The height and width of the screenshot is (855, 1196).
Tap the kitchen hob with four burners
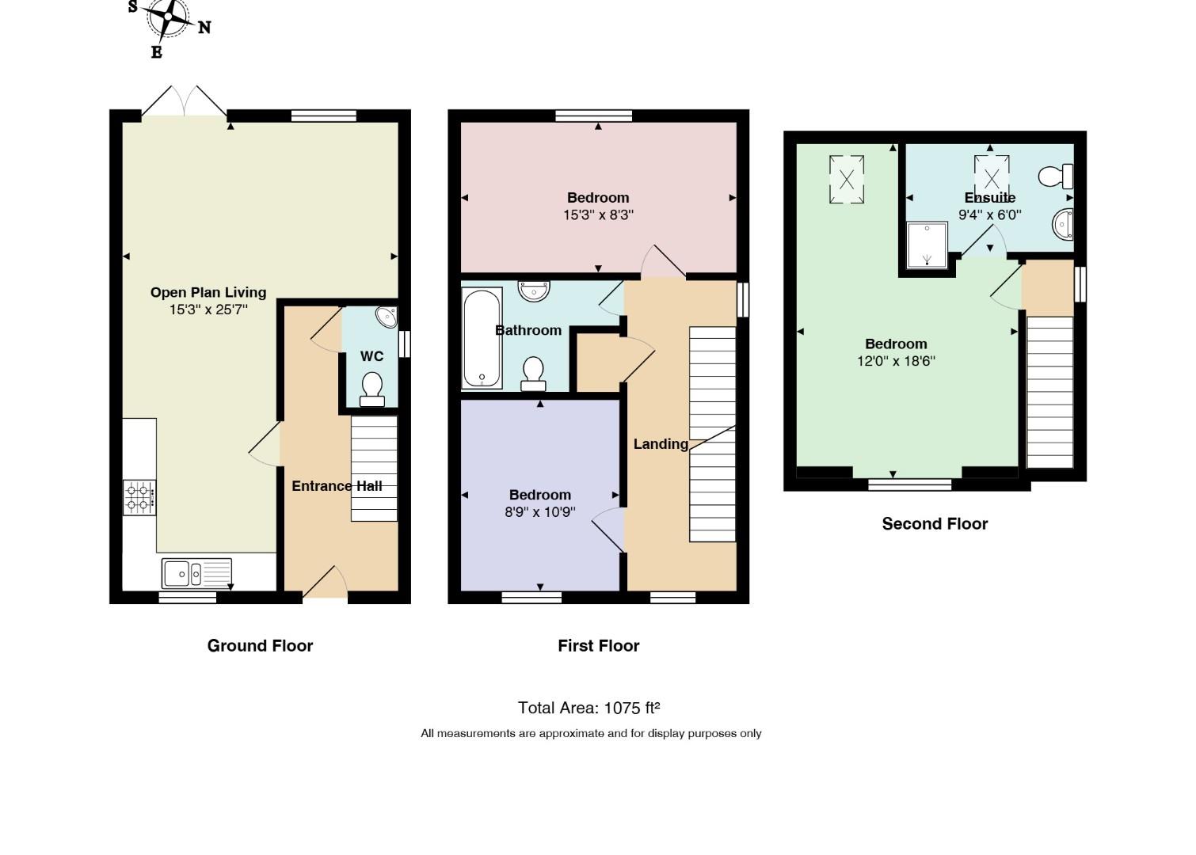tap(139, 497)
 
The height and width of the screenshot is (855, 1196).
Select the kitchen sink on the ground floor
tap(196, 573)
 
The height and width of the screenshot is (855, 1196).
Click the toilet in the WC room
tap(372, 389)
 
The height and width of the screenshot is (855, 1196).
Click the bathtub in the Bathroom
tap(482, 338)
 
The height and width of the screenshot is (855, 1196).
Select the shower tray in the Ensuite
tap(927, 245)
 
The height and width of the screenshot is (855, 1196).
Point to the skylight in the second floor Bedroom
tap(846, 180)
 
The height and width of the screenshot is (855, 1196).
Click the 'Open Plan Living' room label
tap(208, 292)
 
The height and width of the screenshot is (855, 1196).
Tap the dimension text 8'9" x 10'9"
tap(540, 512)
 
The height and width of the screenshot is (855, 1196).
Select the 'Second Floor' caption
tap(935, 523)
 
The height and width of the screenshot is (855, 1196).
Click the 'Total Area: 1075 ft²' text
tap(589, 708)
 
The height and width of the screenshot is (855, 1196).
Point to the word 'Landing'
tap(661, 444)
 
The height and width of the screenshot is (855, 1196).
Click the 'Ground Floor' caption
tap(260, 646)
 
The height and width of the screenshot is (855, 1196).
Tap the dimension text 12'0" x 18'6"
tap(896, 361)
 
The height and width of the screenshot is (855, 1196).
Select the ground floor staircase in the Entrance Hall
tap(374, 469)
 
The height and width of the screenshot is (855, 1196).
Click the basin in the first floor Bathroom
tap(534, 291)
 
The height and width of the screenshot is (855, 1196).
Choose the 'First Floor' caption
tap(599, 646)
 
